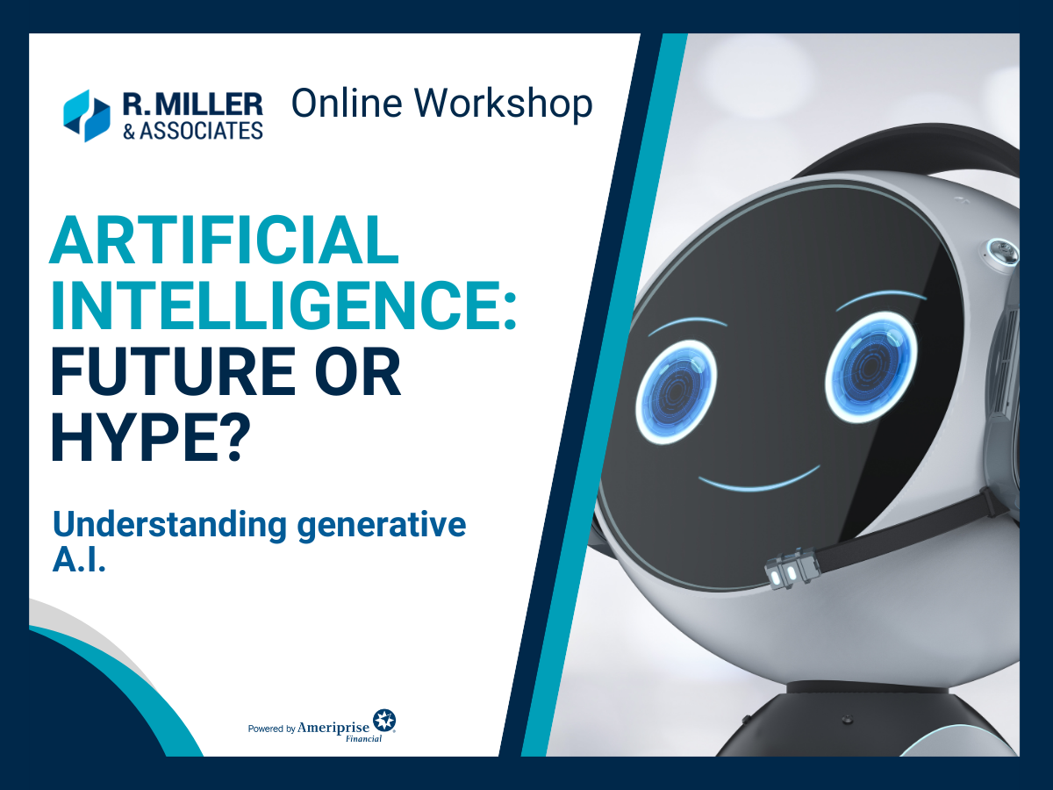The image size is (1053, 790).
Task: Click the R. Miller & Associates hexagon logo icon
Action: pos(87,116)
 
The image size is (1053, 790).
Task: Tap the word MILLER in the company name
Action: pos(209,104)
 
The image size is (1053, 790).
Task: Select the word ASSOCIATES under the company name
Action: pos(201,131)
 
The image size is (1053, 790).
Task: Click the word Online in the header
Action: pos(347,103)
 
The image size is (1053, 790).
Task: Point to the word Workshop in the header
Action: pos(503,105)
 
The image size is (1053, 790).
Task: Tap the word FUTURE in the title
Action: pos(173,371)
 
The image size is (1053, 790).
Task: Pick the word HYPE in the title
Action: pos(131,437)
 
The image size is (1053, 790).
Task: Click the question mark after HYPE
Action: pos(233,437)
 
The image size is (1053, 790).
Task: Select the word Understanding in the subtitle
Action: pos(170,524)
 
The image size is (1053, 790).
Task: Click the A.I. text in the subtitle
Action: pos(79,560)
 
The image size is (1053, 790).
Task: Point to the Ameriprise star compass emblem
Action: pos(384,721)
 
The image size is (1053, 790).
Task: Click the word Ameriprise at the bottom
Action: pos(333,728)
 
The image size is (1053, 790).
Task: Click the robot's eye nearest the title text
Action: pos(677,391)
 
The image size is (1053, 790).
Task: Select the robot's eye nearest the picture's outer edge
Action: pos(870,366)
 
